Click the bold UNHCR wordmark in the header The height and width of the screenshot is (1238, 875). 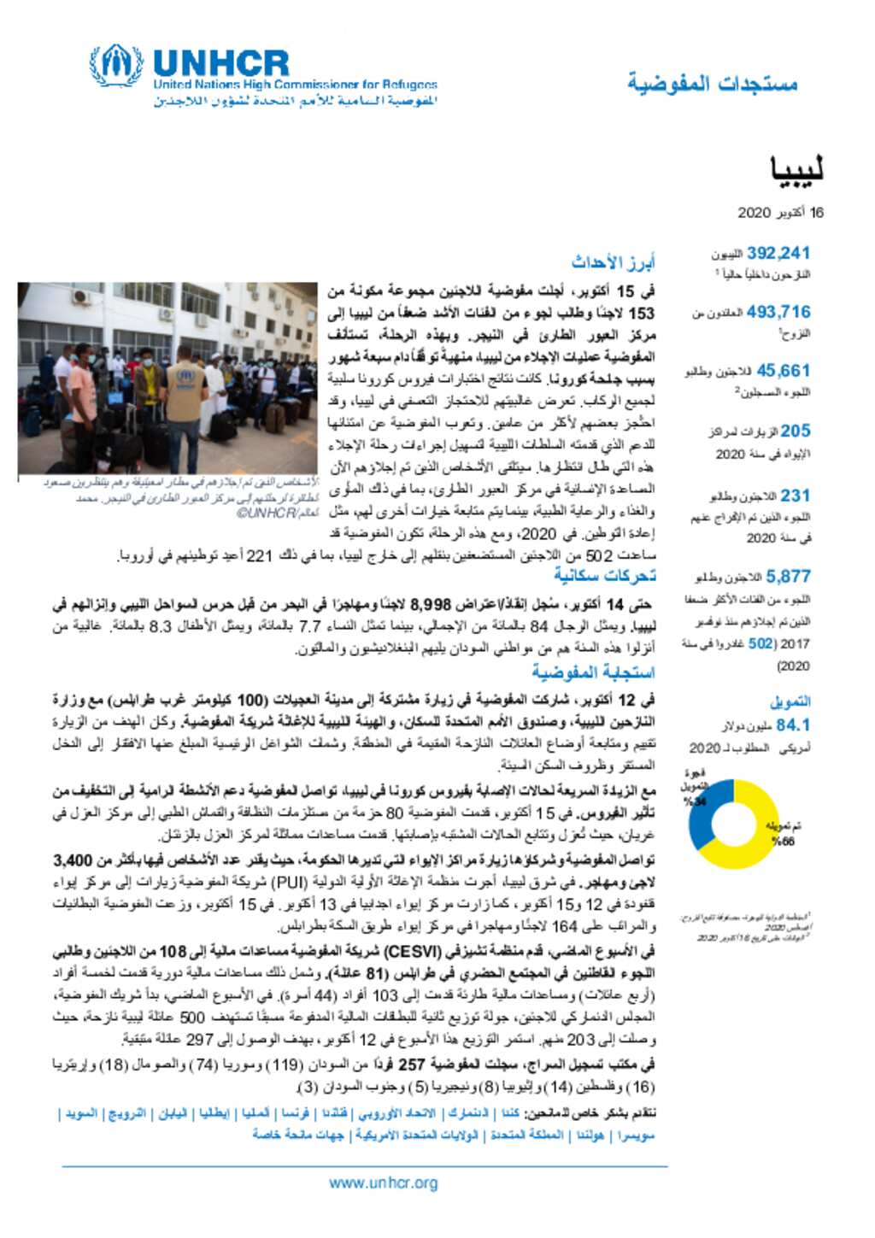pyautogui.click(x=221, y=63)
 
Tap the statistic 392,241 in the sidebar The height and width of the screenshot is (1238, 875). pyautogui.click(x=778, y=253)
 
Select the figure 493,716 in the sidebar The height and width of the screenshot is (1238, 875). pyautogui.click(x=778, y=312)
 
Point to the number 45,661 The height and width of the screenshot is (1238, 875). pyautogui.click(x=783, y=371)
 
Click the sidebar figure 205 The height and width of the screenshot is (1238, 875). pyautogui.click(x=795, y=431)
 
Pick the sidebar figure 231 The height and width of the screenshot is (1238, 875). pyautogui.click(x=795, y=495)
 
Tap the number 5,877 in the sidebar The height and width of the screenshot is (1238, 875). pyautogui.click(x=788, y=576)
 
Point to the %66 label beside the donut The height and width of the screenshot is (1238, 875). pyautogui.click(x=782, y=842)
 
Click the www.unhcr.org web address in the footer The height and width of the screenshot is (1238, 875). pyautogui.click(x=383, y=1182)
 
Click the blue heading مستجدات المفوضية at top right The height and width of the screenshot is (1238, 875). pyautogui.click(x=712, y=83)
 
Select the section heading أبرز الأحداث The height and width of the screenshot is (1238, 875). pyautogui.click(x=613, y=262)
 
